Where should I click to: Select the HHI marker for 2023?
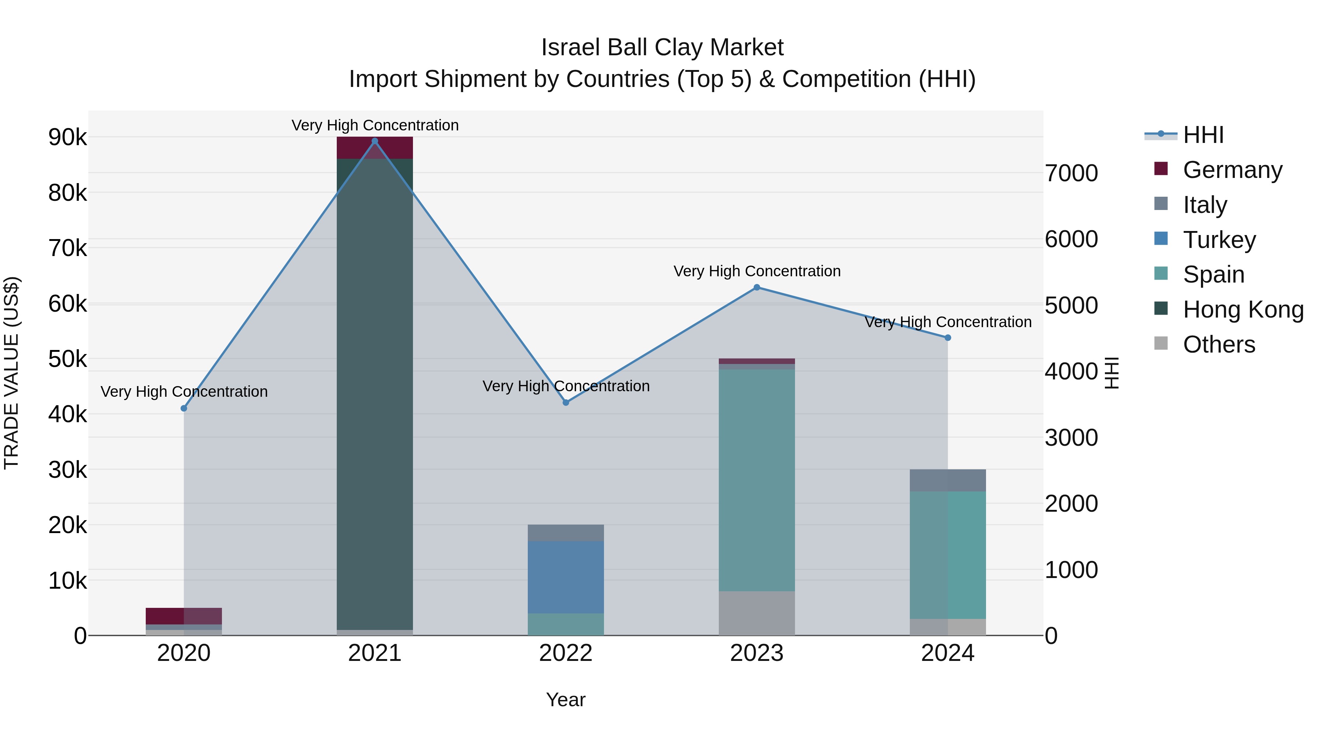(757, 287)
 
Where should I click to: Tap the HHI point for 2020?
(184, 408)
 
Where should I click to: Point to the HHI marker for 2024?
(948, 338)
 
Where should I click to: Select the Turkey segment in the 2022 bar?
(566, 577)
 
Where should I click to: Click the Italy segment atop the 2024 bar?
(948, 480)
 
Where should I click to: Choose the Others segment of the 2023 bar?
(757, 613)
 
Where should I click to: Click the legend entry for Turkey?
(1219, 240)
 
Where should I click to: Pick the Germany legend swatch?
(1161, 169)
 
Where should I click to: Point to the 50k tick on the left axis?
(67, 359)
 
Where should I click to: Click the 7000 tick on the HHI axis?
(1071, 174)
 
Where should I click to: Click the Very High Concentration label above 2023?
(757, 271)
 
